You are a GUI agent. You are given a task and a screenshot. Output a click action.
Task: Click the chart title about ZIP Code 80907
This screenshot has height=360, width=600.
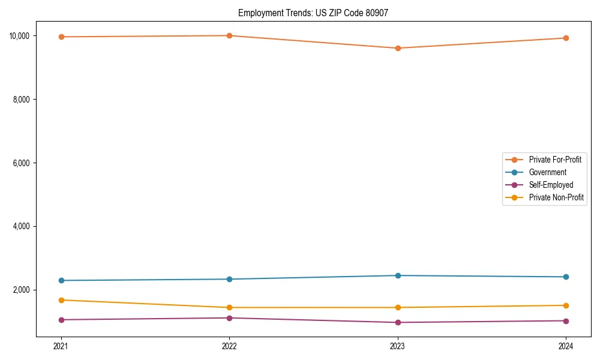click(313, 13)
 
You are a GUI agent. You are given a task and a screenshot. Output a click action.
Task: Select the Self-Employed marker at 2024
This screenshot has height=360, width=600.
click(566, 320)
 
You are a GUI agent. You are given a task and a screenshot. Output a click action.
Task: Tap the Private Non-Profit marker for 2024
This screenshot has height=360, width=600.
click(566, 305)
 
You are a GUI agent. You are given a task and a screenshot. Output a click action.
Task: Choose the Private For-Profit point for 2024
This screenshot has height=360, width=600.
click(566, 38)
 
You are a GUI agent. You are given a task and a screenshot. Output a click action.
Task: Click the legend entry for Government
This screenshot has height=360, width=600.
click(547, 172)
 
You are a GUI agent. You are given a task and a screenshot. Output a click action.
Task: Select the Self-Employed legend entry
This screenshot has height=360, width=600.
click(551, 185)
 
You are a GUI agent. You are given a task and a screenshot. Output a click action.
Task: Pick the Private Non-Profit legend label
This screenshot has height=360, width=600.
click(556, 197)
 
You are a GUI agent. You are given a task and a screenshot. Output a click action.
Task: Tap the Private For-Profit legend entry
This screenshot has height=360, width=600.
click(555, 160)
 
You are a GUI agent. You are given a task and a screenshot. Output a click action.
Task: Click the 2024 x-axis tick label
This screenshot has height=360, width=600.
click(566, 346)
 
